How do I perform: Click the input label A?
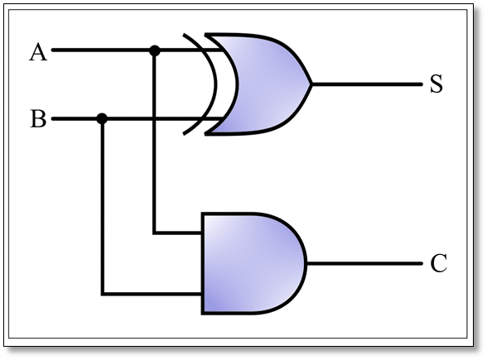point(38,53)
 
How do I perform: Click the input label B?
point(38,119)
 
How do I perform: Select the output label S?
point(436,84)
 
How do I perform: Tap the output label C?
point(438,264)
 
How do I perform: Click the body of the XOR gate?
point(261,84)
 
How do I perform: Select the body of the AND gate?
point(248,263)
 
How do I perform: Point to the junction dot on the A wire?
point(154,51)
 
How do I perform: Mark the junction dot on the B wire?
point(102,119)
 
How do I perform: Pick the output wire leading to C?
point(364,264)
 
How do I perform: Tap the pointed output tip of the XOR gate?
point(311,84)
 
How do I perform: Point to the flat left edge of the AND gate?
point(203,263)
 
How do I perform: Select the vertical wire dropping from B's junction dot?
point(102,207)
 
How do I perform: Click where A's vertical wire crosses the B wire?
point(154,119)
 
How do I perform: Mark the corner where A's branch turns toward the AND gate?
point(154,233)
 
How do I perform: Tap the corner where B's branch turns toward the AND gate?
point(102,294)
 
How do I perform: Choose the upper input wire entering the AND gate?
point(179,233)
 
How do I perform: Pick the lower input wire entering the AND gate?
point(153,294)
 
